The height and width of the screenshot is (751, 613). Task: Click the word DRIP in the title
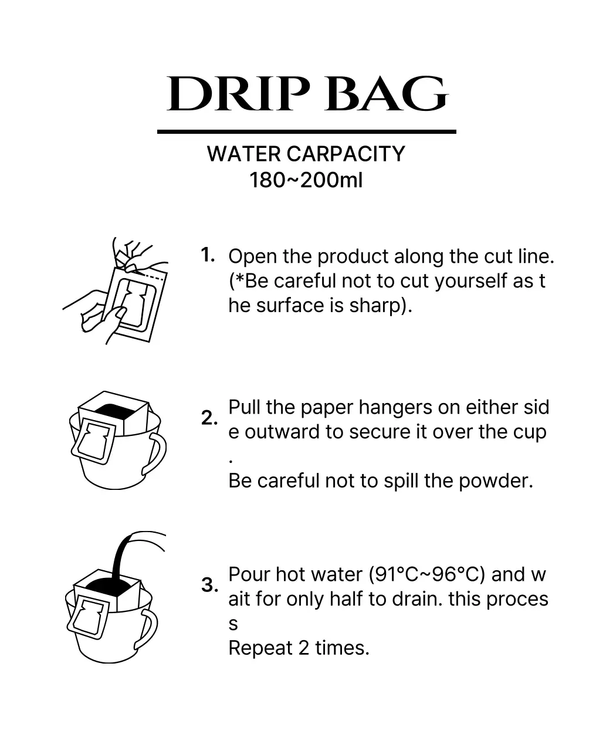[x=238, y=94]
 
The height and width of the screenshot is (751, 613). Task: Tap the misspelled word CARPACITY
[x=346, y=154]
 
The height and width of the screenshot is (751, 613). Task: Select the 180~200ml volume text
[x=306, y=180]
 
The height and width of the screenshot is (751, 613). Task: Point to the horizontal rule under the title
[x=306, y=132]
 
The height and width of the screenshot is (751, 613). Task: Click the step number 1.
[x=208, y=255]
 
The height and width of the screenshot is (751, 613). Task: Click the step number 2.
[x=209, y=418]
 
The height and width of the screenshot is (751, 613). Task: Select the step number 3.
[x=209, y=585]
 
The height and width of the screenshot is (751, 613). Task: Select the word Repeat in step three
[x=260, y=648]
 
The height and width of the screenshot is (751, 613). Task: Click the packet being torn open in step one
[x=138, y=304]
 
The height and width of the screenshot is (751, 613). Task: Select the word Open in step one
[x=253, y=257]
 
